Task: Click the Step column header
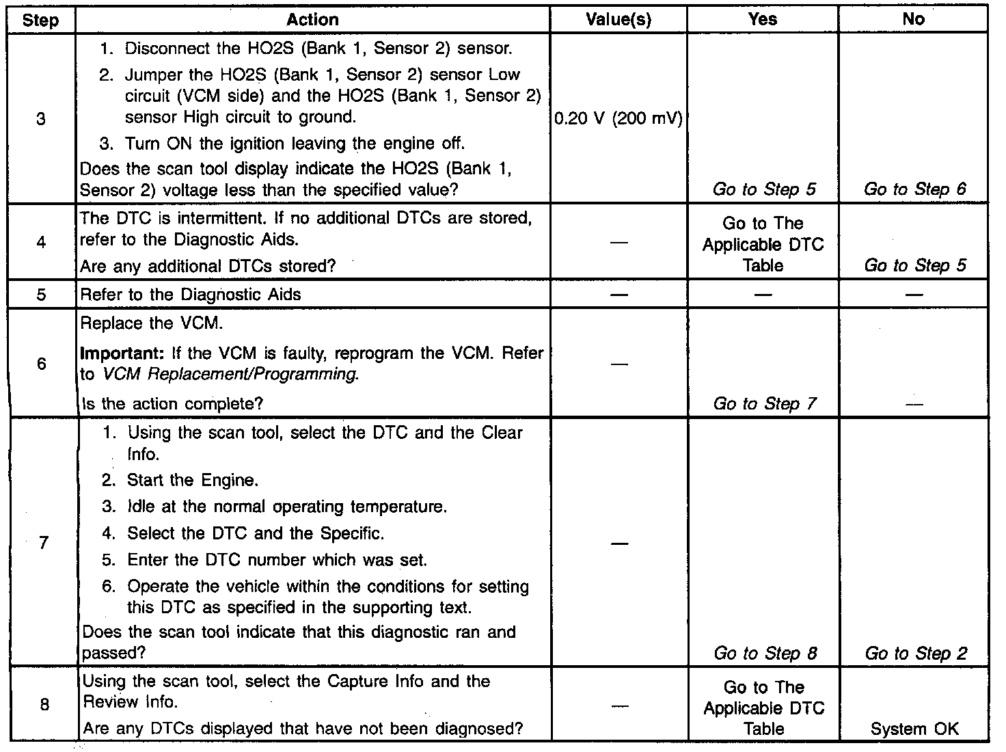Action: coord(40,20)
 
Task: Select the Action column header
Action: coord(312,20)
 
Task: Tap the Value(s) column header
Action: coord(618,20)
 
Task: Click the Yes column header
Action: coord(763,20)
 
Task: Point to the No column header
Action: coord(913,20)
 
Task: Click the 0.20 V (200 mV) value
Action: coord(618,119)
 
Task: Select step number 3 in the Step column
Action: coord(40,119)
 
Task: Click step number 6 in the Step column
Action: coord(42,364)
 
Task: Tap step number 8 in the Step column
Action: coord(44,704)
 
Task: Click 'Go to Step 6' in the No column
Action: coord(915,189)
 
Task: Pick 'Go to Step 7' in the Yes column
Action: coord(764,404)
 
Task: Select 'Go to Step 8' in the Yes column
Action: coord(765,654)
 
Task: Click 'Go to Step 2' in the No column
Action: coord(916,654)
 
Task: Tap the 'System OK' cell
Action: coord(914,729)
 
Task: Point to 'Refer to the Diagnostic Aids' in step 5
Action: coord(191,295)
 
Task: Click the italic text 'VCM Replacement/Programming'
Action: coord(230,375)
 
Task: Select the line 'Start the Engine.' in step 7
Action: coord(192,481)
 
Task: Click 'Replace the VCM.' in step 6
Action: coord(151,323)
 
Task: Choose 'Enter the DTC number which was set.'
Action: coord(277,560)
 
